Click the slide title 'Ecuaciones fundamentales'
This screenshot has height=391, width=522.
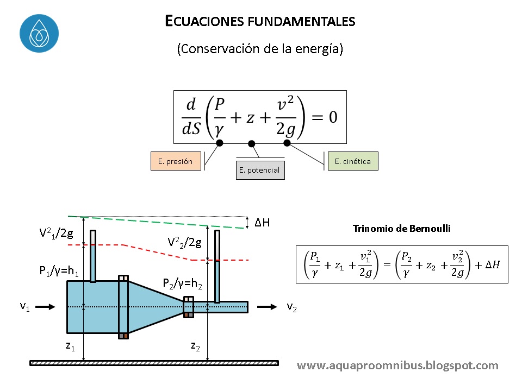tap(260, 21)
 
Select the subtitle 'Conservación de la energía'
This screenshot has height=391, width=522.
tap(260, 48)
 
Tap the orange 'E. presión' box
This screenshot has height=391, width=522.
tap(176, 161)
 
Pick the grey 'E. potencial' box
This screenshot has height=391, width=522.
tap(260, 170)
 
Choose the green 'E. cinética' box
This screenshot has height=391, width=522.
tap(353, 161)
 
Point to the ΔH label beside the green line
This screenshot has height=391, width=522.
tap(263, 223)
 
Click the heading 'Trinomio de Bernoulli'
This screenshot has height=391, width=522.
tap(402, 229)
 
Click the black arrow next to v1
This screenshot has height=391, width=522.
tap(47, 307)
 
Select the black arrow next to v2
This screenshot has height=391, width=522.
tap(267, 307)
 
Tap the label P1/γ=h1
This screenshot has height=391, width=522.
tap(59, 272)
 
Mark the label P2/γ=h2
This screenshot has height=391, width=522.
tap(183, 283)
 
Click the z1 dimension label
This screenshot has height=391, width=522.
tap(70, 346)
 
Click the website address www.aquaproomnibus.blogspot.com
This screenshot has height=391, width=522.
tap(397, 365)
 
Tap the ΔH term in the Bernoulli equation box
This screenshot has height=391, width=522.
tap(492, 264)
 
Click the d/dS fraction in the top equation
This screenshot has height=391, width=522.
tap(191, 118)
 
